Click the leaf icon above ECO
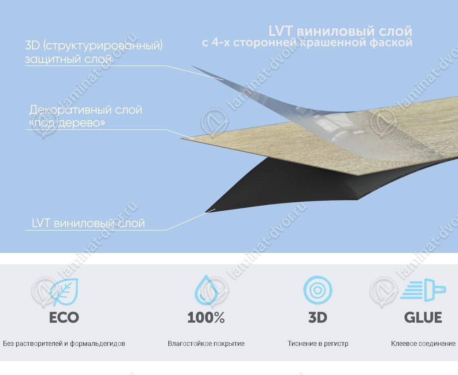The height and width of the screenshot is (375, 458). (x=64, y=292)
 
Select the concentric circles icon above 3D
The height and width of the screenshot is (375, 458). (x=318, y=290)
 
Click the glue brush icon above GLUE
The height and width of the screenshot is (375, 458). (x=423, y=290)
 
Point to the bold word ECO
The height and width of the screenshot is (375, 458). (x=64, y=318)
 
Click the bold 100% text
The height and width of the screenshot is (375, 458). (x=206, y=318)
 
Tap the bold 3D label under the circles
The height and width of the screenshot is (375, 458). (x=318, y=318)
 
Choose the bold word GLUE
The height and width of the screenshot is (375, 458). (x=423, y=318)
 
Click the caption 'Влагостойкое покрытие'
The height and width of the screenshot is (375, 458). (x=206, y=343)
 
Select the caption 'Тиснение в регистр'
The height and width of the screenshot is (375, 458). (x=318, y=343)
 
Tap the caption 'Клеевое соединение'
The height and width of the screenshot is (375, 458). (x=423, y=343)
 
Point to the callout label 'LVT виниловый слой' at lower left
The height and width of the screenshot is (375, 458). (x=88, y=223)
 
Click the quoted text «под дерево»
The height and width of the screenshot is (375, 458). (x=67, y=123)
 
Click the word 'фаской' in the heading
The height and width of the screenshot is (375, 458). (x=391, y=43)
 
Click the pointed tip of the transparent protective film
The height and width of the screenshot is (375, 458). (x=192, y=66)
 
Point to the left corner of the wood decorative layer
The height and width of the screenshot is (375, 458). (x=181, y=138)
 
